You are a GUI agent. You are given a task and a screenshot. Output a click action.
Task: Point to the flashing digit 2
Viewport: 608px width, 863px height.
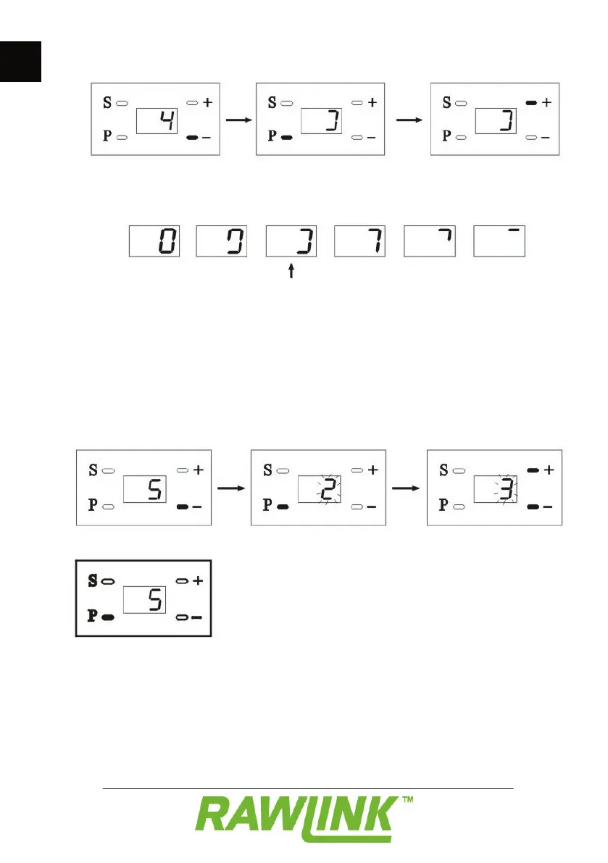click(x=328, y=491)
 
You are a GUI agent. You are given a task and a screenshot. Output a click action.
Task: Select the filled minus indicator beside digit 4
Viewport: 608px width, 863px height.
click(x=193, y=138)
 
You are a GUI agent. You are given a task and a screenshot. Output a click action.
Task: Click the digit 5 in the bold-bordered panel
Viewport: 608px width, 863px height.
click(x=153, y=599)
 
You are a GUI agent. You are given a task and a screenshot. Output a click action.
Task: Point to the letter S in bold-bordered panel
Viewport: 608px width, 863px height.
click(x=91, y=580)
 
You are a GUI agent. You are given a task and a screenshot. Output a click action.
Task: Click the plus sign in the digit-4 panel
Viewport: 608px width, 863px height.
click(x=208, y=103)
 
